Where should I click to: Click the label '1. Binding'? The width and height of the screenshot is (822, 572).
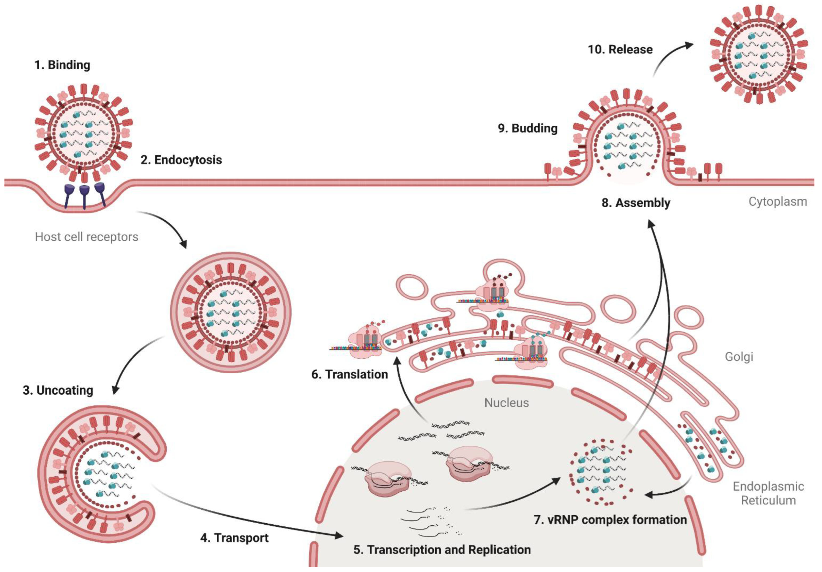point(62,65)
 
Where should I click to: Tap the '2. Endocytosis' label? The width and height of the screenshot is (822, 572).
point(181,160)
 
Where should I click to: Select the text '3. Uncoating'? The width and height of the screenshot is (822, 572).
point(58,390)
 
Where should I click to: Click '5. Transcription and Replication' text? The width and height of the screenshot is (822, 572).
point(442,550)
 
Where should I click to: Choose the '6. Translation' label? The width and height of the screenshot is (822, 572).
point(349,374)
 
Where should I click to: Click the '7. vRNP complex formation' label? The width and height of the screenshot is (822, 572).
point(610,519)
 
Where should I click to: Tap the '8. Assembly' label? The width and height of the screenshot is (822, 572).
point(636,203)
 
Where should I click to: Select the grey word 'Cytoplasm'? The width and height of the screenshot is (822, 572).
point(778,202)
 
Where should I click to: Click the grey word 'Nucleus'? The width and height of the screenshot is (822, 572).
point(506,403)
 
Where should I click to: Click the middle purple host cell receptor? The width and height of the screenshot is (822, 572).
point(84,195)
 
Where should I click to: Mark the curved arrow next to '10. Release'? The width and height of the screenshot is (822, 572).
point(670,57)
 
